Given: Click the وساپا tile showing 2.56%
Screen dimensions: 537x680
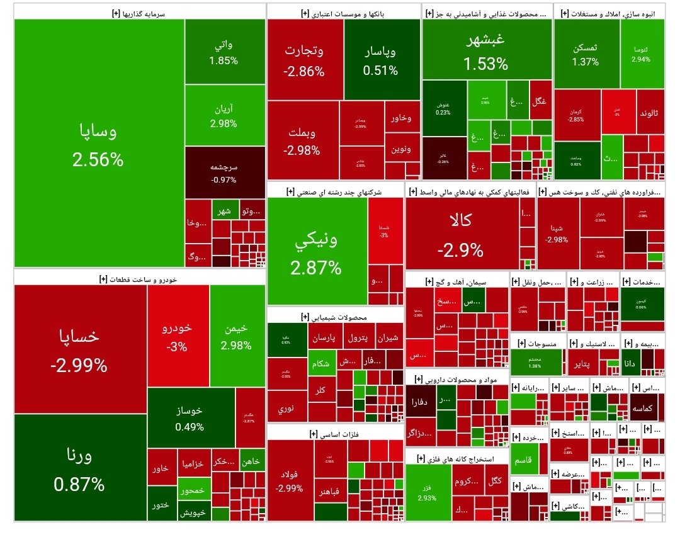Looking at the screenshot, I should [98, 144].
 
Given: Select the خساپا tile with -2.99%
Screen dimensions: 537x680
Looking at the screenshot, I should [80, 349].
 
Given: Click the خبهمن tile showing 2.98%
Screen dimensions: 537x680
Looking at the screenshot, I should [236, 336].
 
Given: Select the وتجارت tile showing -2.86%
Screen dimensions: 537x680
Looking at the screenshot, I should [304, 60].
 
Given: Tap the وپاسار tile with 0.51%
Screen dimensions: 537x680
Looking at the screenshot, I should [381, 60].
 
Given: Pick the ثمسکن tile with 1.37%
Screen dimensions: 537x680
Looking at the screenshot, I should [585, 54].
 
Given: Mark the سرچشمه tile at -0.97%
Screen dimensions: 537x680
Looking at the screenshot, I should [224, 173].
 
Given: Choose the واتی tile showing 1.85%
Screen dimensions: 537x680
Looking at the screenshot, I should [224, 52].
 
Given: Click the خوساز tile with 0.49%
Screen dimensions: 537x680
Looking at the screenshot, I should [190, 418].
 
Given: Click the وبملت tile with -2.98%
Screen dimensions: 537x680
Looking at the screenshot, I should [302, 141].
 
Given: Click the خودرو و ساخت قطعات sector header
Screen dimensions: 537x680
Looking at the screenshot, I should [139, 278].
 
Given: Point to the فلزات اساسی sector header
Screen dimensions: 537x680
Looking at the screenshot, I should [334, 434].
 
